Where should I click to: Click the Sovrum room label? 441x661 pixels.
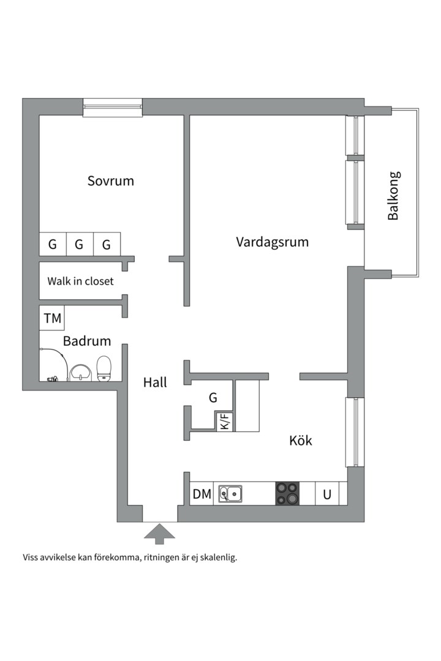point(110,181)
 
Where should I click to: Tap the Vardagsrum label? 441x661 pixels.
point(272,242)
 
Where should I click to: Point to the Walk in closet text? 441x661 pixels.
point(80,282)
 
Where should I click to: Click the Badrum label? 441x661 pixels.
point(86,341)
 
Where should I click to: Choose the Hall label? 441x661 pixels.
point(155,383)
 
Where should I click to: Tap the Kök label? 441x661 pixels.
point(300,440)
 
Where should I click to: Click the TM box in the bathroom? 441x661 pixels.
point(52,318)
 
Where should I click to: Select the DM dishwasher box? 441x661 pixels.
point(202,494)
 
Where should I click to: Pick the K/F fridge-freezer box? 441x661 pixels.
point(225,422)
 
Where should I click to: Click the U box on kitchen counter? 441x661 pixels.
point(327,494)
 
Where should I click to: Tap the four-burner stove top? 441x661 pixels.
point(287,494)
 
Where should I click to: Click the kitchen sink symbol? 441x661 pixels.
point(230,493)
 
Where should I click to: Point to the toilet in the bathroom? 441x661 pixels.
point(105,368)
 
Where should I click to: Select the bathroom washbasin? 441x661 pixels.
point(80,372)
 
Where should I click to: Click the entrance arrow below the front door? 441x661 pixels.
point(159,533)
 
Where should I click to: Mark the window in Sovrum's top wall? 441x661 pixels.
point(113,107)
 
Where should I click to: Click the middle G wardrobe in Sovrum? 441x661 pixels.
point(79,245)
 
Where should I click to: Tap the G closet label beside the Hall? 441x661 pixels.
point(213,398)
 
